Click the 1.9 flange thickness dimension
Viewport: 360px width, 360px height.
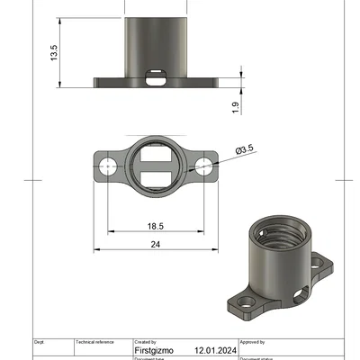[235, 108]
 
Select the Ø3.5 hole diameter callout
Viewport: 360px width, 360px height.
[244, 150]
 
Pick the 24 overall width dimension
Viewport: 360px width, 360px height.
[155, 244]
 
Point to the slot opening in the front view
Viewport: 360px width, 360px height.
[157, 76]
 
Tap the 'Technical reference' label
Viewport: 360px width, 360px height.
[95, 342]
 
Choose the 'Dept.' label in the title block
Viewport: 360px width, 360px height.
[39, 342]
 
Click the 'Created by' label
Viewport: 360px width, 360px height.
[145, 342]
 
